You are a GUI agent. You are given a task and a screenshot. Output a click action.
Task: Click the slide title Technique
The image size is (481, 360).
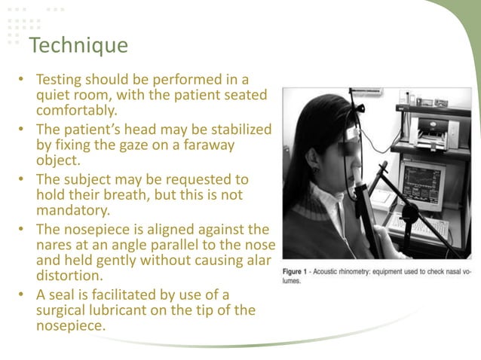click(x=78, y=46)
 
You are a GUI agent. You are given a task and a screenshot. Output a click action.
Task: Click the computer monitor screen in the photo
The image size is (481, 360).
click(x=422, y=183)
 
